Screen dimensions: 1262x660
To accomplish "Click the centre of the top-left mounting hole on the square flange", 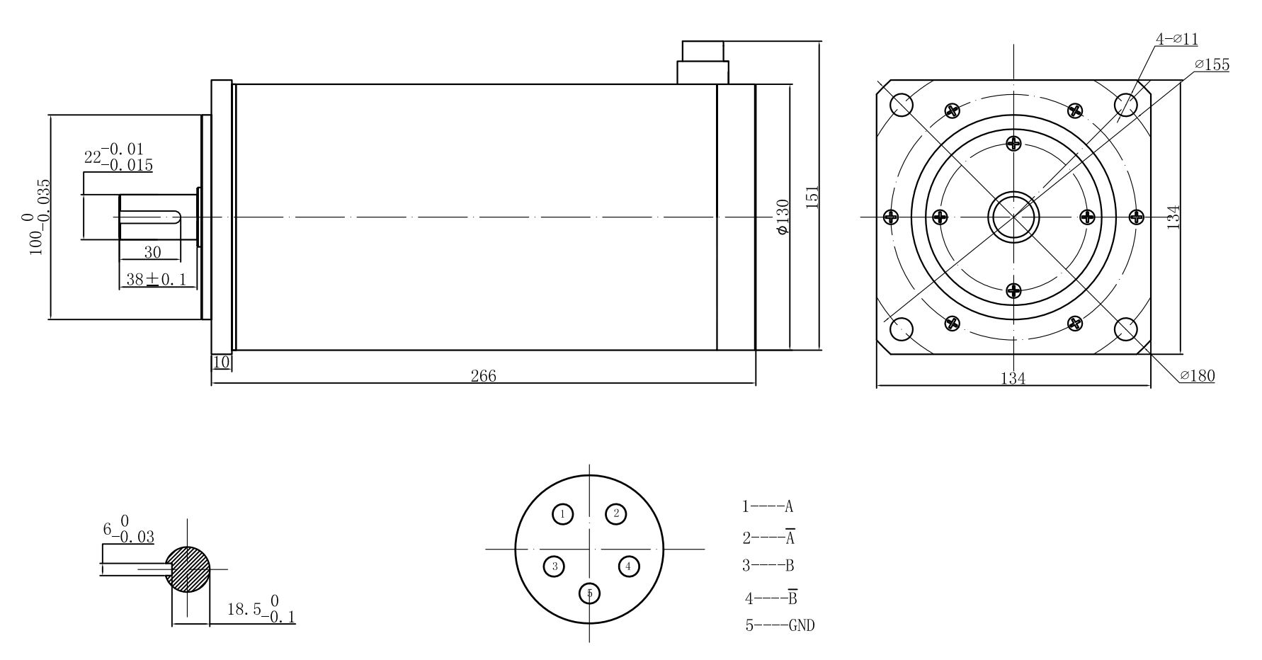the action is pos(902,105).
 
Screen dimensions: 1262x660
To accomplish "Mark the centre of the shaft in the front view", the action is pos(1013,216).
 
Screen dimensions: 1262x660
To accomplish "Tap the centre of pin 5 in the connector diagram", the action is pos(589,593).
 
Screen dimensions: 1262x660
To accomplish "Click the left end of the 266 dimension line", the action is pos(212,384).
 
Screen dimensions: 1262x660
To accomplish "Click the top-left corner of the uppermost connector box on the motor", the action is pos(682,42).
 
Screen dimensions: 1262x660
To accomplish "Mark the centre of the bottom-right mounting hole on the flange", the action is pos(1125,329).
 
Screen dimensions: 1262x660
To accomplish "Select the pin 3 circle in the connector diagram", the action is pos(555,566).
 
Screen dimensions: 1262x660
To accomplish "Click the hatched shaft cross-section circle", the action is pos(188,569).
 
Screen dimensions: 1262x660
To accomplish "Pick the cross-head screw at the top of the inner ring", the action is pos(1013,143).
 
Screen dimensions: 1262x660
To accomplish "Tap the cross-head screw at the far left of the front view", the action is pos(891,216).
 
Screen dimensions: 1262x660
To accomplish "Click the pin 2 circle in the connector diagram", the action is pos(616,513).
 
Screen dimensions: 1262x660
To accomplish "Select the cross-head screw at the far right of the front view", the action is pos(1136,216).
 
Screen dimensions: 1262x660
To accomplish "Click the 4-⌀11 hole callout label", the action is pos(1177,40).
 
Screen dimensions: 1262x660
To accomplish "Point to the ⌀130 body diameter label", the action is pos(783,217).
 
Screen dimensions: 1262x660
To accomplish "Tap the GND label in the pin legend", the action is pos(801,625).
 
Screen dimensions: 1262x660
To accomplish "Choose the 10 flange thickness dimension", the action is pos(222,362).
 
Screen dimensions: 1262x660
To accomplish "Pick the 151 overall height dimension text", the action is pos(812,197).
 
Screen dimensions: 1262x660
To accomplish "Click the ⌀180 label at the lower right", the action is pos(1197,375).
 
